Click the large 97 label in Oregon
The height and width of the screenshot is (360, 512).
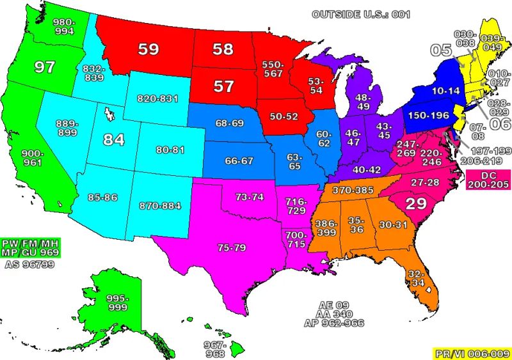click(x=45, y=67)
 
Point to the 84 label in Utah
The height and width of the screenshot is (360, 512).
click(x=113, y=139)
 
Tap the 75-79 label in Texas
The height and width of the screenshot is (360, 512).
click(x=230, y=247)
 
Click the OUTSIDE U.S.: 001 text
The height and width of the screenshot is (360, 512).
click(x=360, y=14)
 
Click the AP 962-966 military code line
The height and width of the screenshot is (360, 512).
click(x=333, y=324)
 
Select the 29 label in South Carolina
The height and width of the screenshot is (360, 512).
click(x=417, y=203)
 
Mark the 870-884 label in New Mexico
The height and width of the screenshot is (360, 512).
click(x=159, y=205)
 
